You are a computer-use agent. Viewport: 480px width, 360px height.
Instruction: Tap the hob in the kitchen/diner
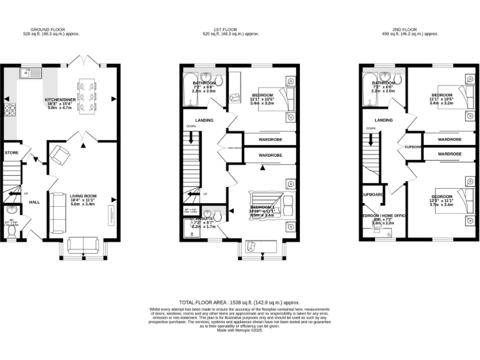10,111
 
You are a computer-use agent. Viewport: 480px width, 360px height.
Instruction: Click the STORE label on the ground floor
11,152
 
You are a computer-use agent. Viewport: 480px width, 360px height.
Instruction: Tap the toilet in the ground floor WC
12,230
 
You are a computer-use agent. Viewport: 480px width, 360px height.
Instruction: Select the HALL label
34,201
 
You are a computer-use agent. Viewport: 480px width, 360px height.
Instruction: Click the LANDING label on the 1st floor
204,121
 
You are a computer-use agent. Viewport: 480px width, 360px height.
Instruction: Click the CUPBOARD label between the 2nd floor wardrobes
414,147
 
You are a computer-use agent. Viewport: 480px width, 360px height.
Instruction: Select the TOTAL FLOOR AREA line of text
239,302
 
